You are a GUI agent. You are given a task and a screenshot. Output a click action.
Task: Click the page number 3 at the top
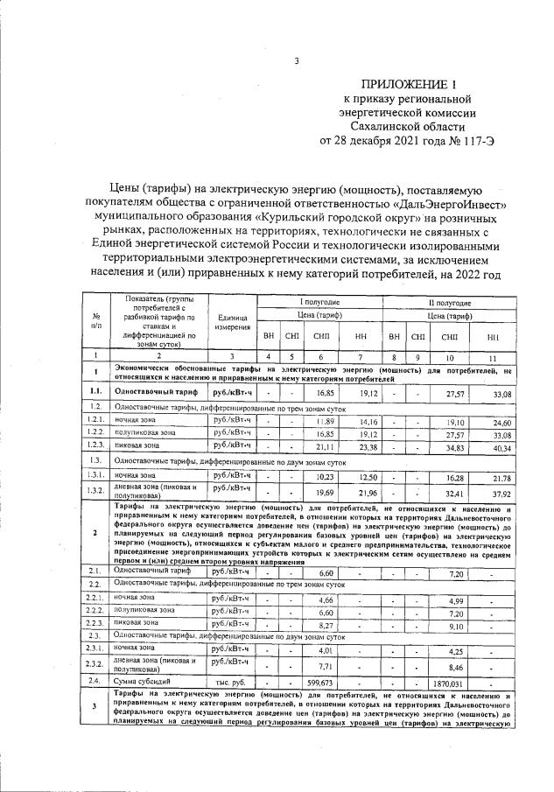tap(297, 61)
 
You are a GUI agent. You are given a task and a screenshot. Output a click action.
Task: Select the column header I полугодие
tap(316, 301)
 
